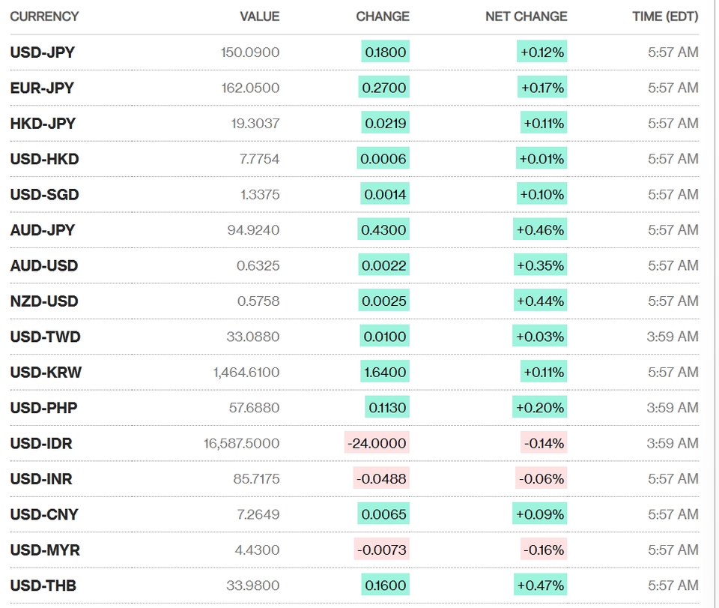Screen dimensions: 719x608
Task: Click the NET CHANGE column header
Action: [526, 16]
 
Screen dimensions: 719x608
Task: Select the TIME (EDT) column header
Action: [665, 16]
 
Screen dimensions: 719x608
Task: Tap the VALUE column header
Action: [260, 16]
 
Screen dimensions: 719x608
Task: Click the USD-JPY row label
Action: [42, 52]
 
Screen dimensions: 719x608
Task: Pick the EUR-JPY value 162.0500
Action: [250, 88]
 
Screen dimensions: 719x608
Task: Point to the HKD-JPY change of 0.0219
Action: [385, 123]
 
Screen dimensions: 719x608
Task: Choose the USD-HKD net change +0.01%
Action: [541, 159]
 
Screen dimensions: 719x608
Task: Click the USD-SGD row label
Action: [44, 195]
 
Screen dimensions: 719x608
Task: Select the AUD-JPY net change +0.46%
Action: [540, 230]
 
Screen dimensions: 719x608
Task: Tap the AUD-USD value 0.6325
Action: [258, 265]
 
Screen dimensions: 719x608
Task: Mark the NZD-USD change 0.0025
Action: [383, 301]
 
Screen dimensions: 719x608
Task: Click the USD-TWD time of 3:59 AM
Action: [673, 337]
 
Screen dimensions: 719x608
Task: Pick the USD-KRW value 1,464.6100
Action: [246, 372]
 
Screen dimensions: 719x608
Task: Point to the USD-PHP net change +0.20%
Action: [540, 408]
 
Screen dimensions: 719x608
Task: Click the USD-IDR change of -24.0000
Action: [377, 443]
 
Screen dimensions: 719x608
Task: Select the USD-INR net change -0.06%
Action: [541, 478]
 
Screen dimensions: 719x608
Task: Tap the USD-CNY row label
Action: [44, 514]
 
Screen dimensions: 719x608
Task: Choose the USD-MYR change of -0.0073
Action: [381, 550]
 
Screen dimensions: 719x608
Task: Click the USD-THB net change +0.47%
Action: [541, 586]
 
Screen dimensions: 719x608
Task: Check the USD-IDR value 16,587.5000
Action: [242, 443]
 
